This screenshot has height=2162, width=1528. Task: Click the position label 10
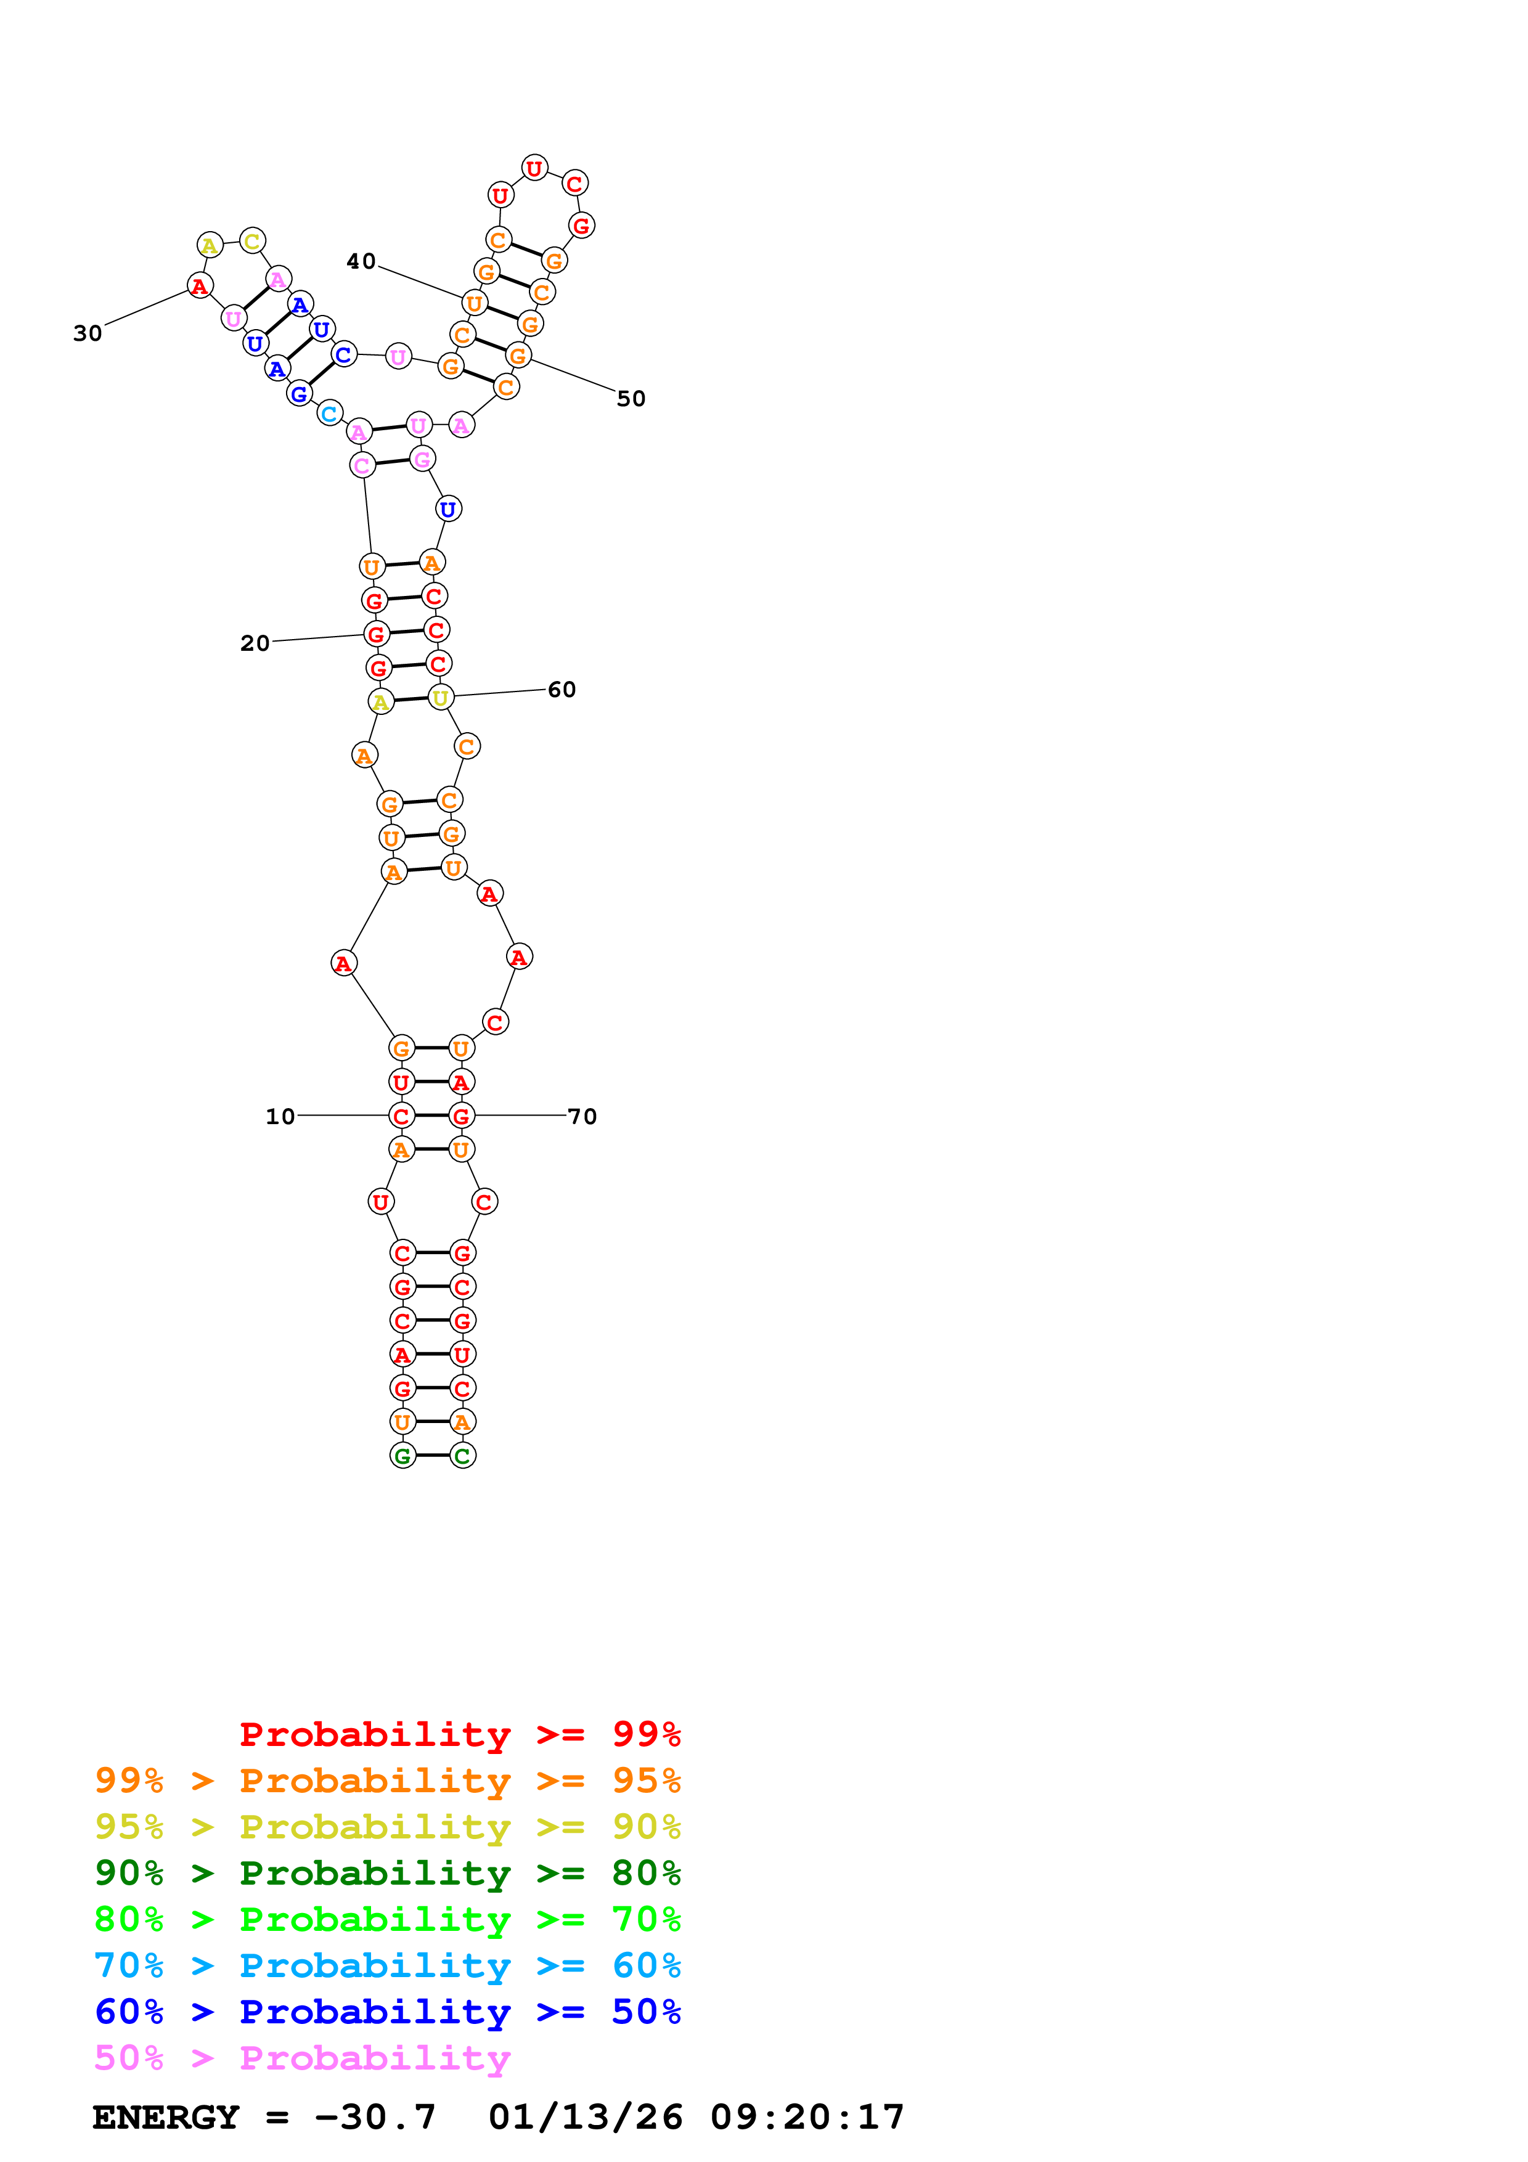pos(280,1116)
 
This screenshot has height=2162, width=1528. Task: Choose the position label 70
pos(582,1116)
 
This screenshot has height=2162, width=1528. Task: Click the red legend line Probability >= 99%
pos(459,1734)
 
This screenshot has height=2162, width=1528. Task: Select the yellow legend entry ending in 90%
pos(387,1826)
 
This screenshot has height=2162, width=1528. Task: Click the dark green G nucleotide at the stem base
pos(402,1455)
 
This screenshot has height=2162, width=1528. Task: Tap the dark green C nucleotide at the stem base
pos(462,1455)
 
